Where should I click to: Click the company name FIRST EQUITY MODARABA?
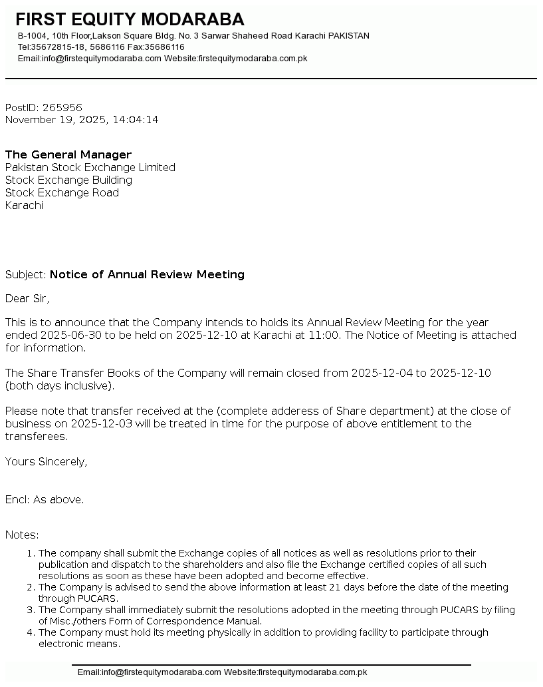click(130, 19)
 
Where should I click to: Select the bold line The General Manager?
click(68, 155)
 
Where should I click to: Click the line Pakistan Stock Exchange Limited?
click(90, 168)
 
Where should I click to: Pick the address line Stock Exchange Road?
click(62, 193)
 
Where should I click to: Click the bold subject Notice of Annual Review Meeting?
click(147, 275)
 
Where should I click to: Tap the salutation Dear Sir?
click(27, 298)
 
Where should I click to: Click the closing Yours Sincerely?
click(46, 462)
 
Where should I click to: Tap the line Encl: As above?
click(45, 500)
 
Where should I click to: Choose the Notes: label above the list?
click(22, 535)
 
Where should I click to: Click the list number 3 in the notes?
click(30, 610)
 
